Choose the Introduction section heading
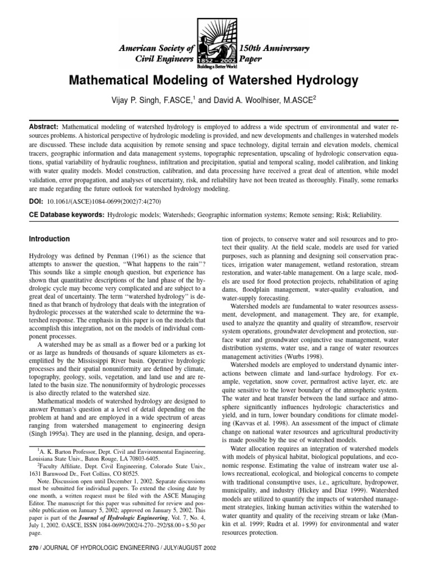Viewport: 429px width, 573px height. (x=49, y=239)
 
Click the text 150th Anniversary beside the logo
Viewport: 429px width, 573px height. (x=274, y=49)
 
